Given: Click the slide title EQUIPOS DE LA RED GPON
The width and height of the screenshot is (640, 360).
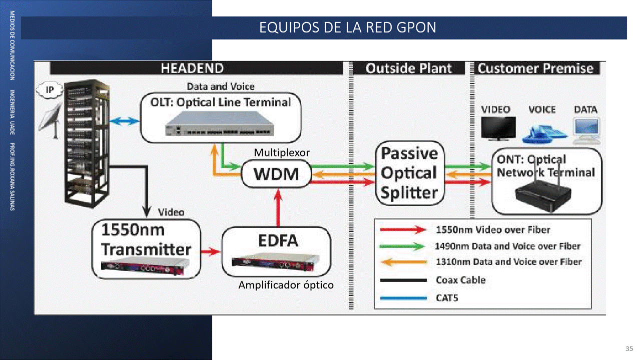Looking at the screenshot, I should click(347, 27).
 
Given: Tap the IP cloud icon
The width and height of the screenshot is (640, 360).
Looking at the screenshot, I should click(50, 90).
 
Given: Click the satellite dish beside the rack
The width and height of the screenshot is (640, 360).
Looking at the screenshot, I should click(52, 122).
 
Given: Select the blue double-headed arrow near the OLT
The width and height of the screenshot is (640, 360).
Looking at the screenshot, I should click(124, 121).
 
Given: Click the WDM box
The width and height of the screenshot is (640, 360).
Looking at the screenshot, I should click(276, 174).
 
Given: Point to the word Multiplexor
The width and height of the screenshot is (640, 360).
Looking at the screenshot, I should click(282, 152).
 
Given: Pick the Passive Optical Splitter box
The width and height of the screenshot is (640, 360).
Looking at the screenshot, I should click(409, 173).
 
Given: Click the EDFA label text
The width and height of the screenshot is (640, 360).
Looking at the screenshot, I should click(278, 240).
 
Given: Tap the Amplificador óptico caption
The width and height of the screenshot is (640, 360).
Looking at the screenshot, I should click(286, 285).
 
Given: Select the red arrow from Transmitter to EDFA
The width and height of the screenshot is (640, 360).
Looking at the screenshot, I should click(211, 251).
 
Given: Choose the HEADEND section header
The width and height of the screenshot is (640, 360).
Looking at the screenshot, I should click(192, 68).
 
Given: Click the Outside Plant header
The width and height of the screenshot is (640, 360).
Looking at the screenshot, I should click(408, 68).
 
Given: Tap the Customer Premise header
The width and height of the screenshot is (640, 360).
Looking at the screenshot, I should click(535, 68).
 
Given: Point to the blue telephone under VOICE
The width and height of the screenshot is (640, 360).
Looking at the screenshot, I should click(542, 132).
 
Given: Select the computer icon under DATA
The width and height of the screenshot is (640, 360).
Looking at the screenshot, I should click(586, 130).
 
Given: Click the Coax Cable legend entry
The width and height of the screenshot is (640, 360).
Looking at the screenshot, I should click(460, 280).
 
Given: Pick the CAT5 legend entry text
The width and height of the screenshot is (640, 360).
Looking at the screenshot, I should click(447, 298).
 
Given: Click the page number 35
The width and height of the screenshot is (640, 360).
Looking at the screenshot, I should click(629, 348).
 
